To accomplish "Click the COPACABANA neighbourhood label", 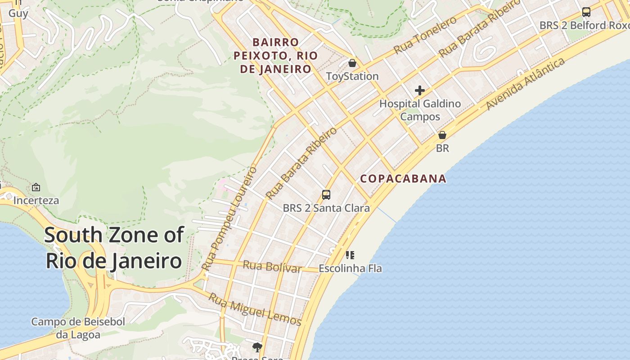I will click(403, 179).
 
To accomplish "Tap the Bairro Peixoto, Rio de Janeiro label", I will click(275, 56).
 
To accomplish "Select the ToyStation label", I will click(352, 76).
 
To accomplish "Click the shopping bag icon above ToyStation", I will click(352, 63).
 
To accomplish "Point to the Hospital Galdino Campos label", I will click(420, 110).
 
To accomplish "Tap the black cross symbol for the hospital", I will click(420, 90).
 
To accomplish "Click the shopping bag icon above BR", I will click(442, 135).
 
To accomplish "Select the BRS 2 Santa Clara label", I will click(326, 208).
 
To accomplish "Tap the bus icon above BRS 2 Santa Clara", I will click(326, 195).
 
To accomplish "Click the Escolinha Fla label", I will click(350, 269).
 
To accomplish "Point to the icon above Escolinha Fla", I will click(350, 255).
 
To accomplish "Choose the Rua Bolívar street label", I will click(272, 266).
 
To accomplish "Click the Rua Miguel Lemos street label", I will click(255, 309).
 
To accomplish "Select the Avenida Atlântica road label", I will click(526, 84).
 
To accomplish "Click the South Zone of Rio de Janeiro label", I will click(114, 247).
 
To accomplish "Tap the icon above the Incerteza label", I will click(36, 187).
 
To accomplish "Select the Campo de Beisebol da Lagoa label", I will click(78, 328).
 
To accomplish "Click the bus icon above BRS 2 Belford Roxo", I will click(586, 12).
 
